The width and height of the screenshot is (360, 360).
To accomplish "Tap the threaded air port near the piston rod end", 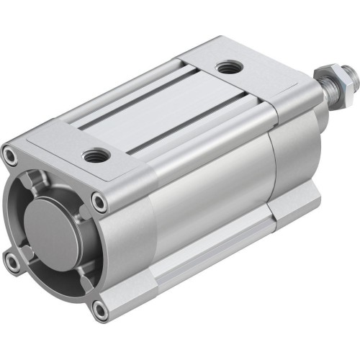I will pyautogui.click(x=230, y=68).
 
